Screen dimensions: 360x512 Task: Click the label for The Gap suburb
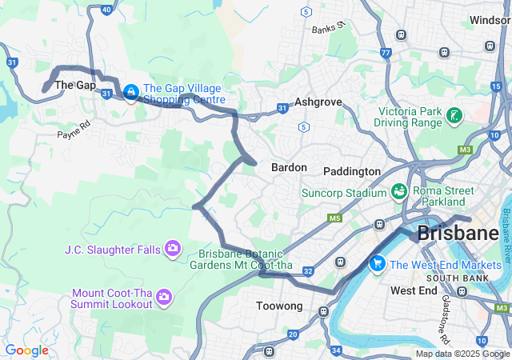tap(74, 85)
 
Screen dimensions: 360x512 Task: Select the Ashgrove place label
tap(318, 102)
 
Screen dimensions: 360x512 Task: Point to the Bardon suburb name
tap(289, 167)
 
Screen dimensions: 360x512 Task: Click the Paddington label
tap(352, 171)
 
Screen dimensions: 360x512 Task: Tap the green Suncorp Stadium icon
tap(398, 192)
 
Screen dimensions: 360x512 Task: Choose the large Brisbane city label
tap(457, 234)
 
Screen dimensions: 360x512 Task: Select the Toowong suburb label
tap(279, 306)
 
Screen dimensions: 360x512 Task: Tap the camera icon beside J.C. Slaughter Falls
tap(172, 250)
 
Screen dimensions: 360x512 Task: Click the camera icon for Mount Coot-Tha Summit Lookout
tap(164, 298)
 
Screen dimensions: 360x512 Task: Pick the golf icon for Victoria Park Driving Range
tap(454, 116)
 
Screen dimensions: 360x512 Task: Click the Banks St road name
tap(328, 28)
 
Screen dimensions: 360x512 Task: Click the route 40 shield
tap(106, 10)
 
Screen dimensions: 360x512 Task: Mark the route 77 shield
tap(386, 54)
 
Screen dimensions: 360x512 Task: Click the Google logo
tap(26, 350)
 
